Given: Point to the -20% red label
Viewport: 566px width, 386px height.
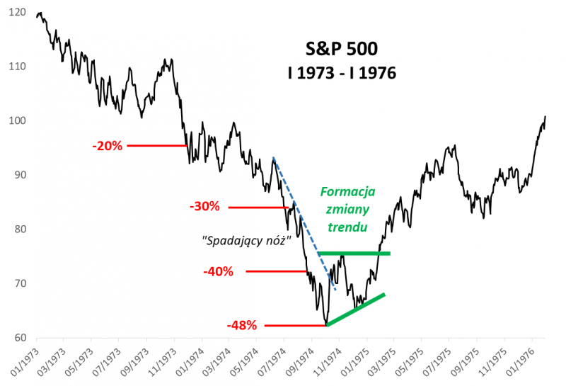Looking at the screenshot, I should (107, 146).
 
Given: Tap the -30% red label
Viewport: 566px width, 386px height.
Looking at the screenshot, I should (204, 207).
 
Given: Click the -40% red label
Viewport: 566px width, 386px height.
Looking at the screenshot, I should (218, 271).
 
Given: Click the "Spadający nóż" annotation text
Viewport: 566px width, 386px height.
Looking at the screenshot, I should (246, 240).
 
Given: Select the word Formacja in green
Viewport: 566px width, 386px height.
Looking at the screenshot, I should (347, 192).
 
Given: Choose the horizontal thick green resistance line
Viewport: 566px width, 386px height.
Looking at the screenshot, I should (354, 253).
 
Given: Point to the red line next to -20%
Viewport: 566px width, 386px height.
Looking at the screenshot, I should (157, 146).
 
